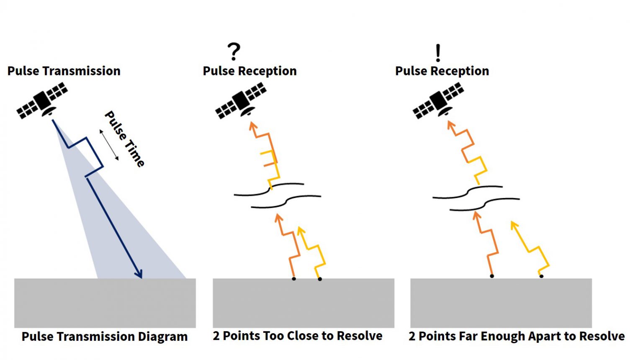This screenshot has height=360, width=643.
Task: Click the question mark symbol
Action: point(234,51)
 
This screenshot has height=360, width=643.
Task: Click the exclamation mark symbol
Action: point(438,53)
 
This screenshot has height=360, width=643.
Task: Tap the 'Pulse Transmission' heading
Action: point(64,71)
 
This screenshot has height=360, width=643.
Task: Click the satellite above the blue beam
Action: point(42,100)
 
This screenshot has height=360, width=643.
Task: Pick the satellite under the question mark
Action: point(241,100)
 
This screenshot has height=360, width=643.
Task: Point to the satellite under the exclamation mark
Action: point(438,100)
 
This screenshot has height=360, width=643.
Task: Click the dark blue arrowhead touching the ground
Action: point(139,274)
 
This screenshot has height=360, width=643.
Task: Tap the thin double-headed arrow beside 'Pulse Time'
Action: point(109,145)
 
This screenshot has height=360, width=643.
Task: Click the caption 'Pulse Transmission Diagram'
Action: point(105,337)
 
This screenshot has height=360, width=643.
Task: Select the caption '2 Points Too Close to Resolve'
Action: point(297,336)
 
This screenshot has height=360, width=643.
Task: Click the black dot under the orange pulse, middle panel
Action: point(293,279)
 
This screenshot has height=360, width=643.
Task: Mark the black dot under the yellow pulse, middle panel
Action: point(320,279)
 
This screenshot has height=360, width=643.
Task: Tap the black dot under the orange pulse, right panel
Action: point(492,276)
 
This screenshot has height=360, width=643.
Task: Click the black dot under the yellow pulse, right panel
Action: point(541,276)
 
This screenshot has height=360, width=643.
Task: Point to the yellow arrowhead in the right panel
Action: point(514,225)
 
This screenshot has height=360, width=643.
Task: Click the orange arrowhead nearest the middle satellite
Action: point(252,126)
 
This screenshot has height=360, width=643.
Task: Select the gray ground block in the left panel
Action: point(105,303)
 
